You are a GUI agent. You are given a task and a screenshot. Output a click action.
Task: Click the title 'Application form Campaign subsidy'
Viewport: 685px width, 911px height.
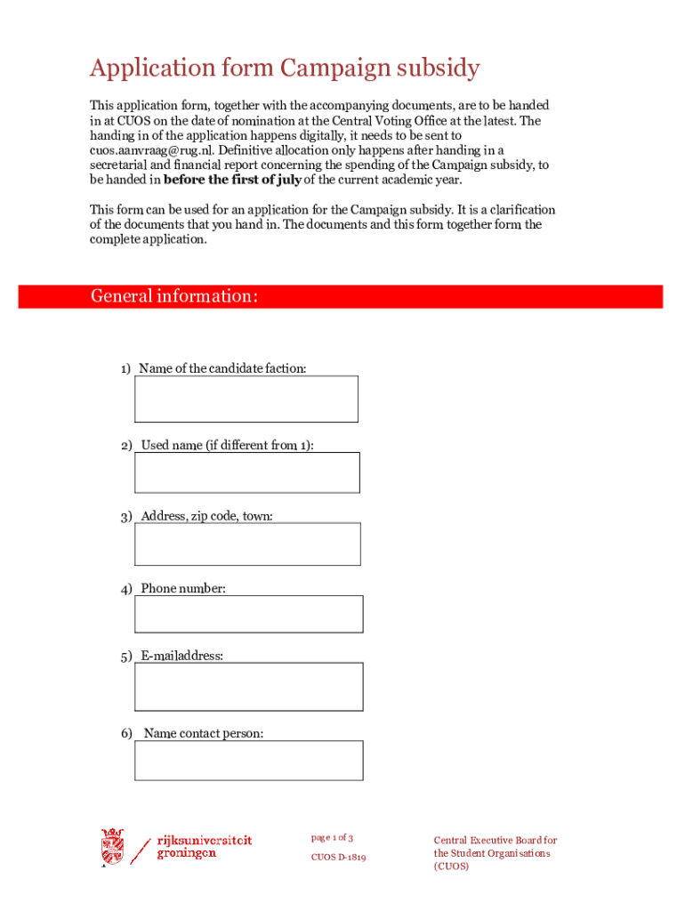pos(285,69)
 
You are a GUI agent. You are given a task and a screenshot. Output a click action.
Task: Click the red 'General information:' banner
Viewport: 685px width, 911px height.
pos(340,296)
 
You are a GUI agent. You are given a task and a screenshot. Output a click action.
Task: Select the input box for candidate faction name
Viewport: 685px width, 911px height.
pos(246,399)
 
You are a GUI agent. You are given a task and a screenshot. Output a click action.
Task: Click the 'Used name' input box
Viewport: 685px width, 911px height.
pos(246,472)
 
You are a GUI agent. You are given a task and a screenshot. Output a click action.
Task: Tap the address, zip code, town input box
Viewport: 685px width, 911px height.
pos(247,544)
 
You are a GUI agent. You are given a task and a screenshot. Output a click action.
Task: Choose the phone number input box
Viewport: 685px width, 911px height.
pos(248,614)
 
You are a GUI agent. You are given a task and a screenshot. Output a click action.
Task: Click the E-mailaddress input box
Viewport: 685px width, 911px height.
pos(248,686)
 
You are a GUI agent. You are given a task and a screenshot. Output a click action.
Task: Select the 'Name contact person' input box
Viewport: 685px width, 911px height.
pos(248,761)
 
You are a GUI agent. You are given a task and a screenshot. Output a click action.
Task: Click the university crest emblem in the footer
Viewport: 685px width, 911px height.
pos(112,847)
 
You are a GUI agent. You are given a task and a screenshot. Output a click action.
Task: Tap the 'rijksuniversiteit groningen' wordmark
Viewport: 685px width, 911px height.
pos(204,846)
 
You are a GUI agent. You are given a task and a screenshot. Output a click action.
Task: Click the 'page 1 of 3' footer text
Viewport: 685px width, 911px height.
pos(332,838)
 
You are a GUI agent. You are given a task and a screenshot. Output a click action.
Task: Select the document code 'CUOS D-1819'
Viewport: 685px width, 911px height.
pos(338,858)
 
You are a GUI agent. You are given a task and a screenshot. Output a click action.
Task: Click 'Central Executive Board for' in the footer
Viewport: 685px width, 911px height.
pos(495,840)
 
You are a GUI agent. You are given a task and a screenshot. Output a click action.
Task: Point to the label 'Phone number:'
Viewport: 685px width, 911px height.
pos(182,589)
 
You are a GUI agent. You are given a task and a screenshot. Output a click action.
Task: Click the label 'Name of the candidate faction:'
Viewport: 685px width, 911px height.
pos(222,368)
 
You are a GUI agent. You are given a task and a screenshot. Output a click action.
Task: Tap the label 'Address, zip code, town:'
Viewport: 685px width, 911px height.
pos(206,516)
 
